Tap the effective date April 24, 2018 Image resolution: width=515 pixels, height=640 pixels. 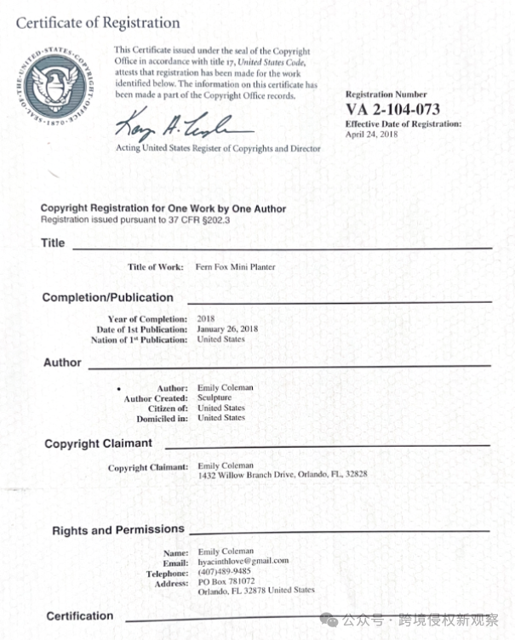click(x=371, y=134)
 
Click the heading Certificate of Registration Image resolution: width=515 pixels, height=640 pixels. click(x=98, y=23)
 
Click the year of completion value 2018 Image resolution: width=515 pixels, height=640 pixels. click(x=206, y=319)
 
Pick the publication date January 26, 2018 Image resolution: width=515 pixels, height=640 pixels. click(x=227, y=329)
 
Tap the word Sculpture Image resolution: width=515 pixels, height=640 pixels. click(x=215, y=397)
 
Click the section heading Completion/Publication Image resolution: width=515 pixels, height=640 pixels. click(x=107, y=298)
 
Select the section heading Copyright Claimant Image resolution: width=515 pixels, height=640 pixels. click(x=98, y=443)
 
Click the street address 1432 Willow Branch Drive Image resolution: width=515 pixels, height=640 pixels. click(x=247, y=475)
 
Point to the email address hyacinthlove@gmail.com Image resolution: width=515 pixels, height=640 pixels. click(x=243, y=561)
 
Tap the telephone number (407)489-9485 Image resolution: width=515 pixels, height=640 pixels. click(x=225, y=571)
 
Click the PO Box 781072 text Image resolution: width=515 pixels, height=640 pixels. click(x=226, y=581)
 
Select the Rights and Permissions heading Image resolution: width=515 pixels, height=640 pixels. click(x=117, y=530)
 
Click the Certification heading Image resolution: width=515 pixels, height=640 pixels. click(x=79, y=615)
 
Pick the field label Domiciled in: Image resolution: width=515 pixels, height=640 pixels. click(x=163, y=418)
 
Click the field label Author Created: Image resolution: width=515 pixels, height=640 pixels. click(x=155, y=397)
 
